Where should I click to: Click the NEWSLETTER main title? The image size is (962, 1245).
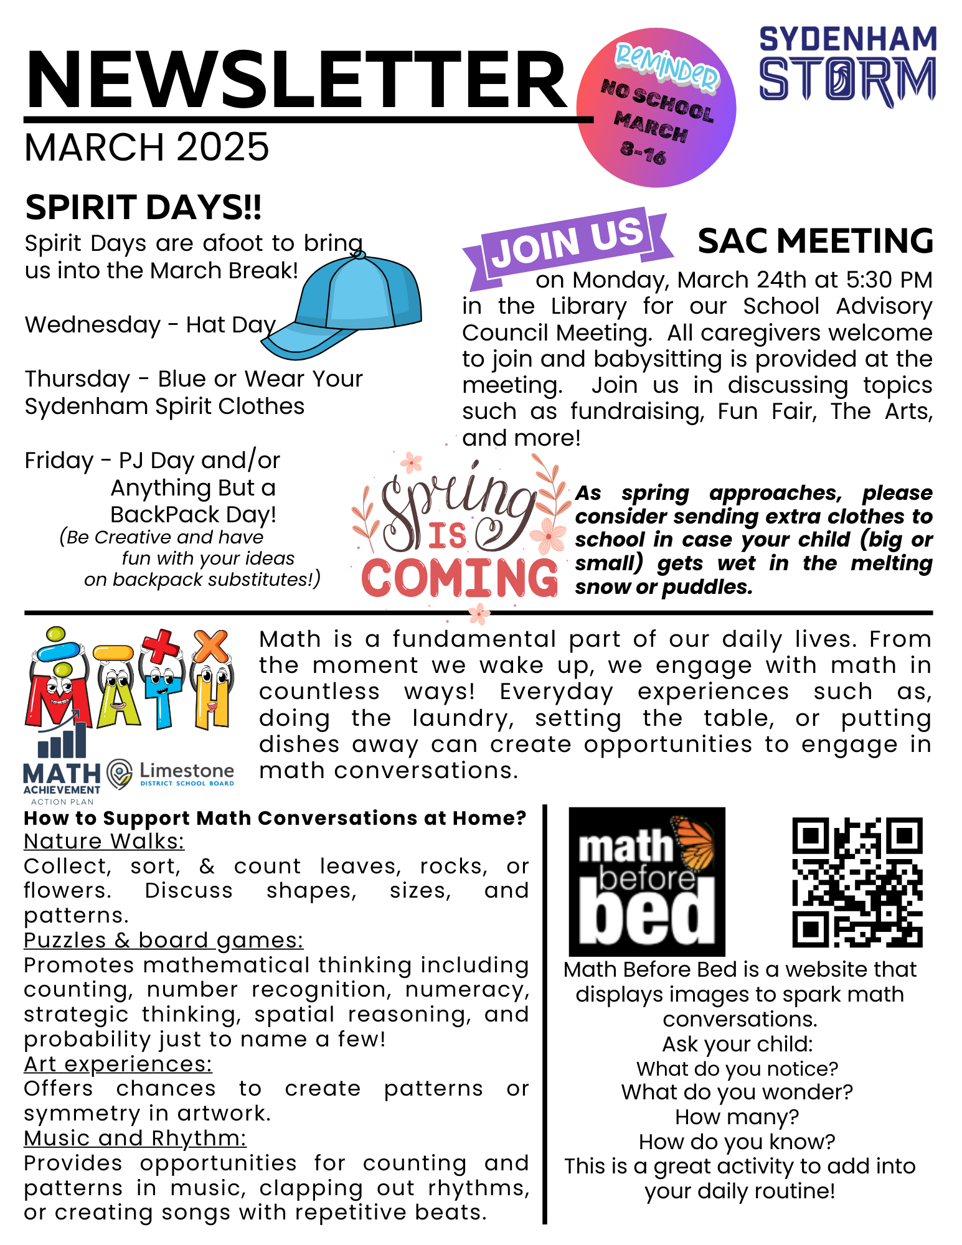(x=296, y=80)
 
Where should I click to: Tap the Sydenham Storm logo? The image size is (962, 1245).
(x=847, y=65)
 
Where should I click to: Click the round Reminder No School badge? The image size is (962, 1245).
(x=656, y=108)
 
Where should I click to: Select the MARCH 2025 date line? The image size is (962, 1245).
(x=147, y=148)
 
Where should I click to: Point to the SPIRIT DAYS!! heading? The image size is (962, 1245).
(x=143, y=207)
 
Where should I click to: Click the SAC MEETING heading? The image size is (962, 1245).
(x=815, y=241)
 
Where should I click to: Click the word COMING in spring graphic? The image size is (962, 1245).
(x=460, y=578)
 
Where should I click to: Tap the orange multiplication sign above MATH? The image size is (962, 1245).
(x=210, y=646)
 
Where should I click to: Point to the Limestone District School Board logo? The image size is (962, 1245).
(x=171, y=774)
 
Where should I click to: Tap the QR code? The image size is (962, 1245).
(x=857, y=881)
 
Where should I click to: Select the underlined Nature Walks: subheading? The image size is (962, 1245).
(x=104, y=841)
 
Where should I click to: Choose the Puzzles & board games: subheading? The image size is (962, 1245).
(x=164, y=940)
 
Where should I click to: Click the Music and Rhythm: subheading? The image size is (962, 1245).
(x=135, y=1138)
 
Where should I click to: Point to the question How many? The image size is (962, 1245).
(x=737, y=1117)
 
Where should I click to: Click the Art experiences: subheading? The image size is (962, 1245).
(x=118, y=1064)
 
